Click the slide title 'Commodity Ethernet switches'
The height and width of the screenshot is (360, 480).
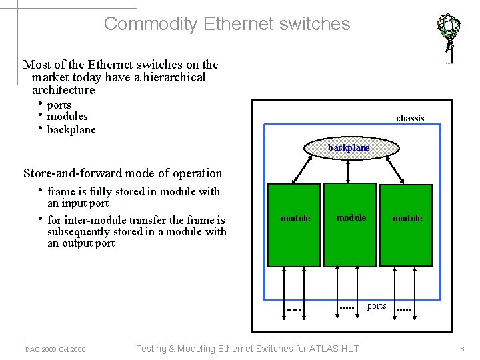[x=227, y=24]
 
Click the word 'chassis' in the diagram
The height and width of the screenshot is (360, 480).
[x=410, y=118]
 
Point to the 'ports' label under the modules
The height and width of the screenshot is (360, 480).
[x=377, y=306]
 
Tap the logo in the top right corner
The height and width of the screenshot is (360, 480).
[x=449, y=37]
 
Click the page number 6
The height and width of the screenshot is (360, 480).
[x=461, y=349]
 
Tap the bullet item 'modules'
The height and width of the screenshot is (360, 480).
[x=67, y=117]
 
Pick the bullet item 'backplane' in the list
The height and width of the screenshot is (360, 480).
[x=71, y=129]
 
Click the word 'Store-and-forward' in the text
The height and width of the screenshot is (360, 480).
[x=70, y=173]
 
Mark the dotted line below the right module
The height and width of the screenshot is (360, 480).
[x=405, y=311]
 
